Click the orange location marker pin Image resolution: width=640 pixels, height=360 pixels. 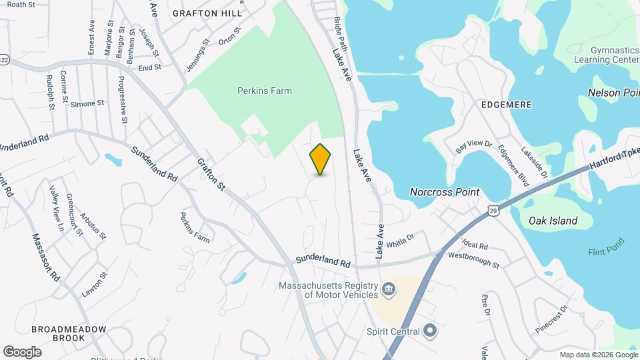coord(321,159)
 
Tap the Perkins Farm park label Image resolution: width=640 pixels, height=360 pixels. coord(265,91)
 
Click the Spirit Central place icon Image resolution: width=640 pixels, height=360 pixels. coord(430,331)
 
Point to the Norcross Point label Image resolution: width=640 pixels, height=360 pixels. coord(444,192)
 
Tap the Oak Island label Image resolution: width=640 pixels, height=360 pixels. coord(553,221)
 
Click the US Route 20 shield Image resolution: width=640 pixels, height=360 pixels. coord(493,211)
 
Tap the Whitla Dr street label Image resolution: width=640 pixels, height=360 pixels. coord(399,239)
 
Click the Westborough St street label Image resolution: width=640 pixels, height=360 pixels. coord(473,260)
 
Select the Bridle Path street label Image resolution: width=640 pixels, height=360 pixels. coord(341,34)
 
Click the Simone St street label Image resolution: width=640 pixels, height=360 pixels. coord(87,103)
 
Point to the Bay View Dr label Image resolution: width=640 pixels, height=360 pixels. coord(473,145)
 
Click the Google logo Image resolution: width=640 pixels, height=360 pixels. coord(22,351)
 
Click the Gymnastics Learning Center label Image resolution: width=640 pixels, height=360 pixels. coord(607,55)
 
